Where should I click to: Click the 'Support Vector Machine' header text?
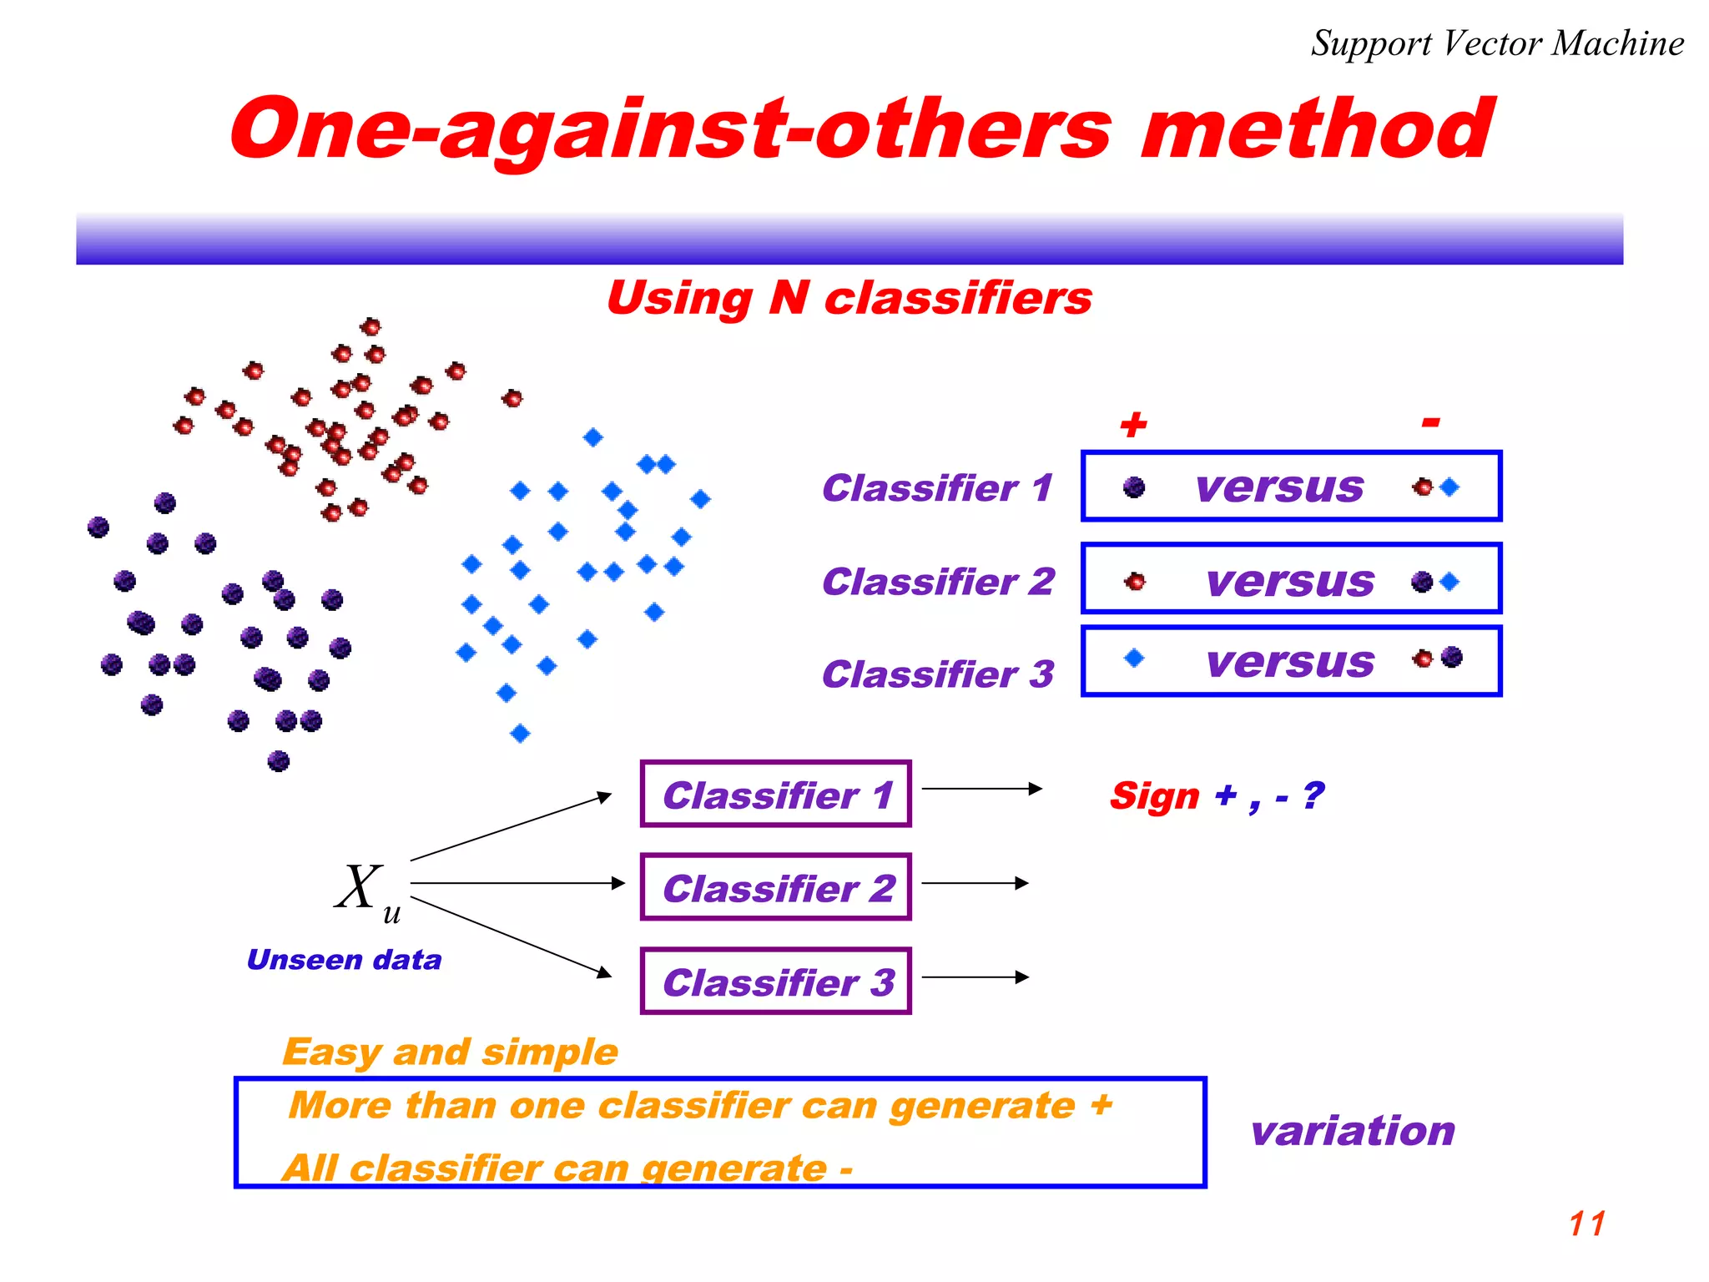[1497, 43]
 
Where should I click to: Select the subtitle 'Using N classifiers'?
[849, 298]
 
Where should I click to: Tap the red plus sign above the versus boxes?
[1133, 425]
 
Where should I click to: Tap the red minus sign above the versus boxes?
[1430, 422]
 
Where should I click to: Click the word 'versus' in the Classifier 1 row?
[1279, 487]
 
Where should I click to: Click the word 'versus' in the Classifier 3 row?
[1290, 662]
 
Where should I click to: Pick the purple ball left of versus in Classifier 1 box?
[1133, 487]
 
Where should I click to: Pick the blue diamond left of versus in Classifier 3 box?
[1133, 659]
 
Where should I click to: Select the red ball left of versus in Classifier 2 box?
[1134, 582]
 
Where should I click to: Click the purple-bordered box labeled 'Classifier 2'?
[775, 887]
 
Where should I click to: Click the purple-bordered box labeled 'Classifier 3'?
[775, 982]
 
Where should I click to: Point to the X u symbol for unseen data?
[365, 891]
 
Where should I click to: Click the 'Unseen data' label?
[344, 960]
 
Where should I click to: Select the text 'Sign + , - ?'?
[1216, 795]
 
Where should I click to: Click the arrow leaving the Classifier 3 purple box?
[975, 977]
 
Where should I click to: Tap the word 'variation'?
[1352, 1131]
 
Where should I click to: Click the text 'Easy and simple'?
[450, 1052]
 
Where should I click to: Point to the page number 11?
[1586, 1224]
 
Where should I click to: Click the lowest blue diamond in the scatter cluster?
[520, 734]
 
